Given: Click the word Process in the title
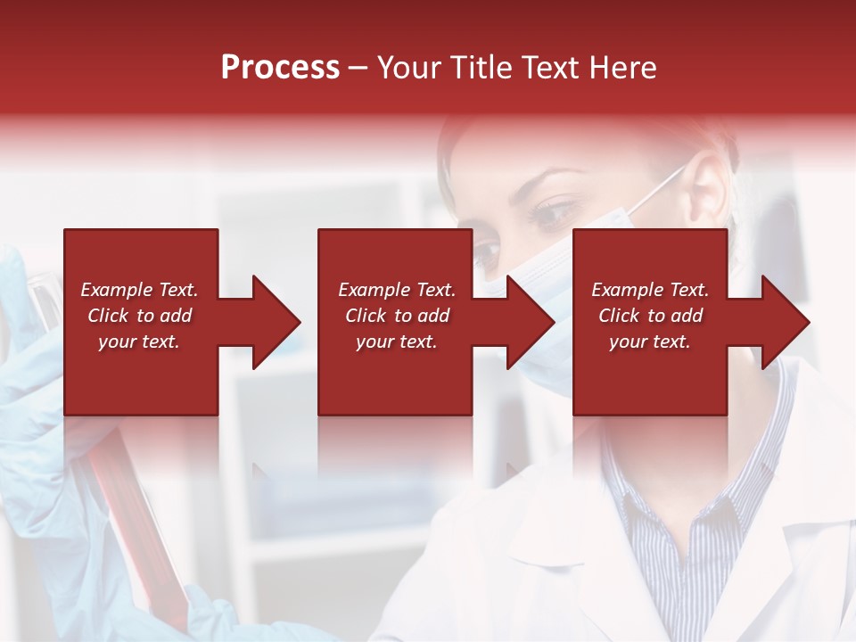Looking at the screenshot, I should coord(280,68).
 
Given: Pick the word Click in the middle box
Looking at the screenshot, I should coord(365,316).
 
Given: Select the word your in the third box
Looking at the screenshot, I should coord(628,342).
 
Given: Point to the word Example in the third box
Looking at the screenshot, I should coord(628,290).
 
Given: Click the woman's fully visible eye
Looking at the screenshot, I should coord(556,214).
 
